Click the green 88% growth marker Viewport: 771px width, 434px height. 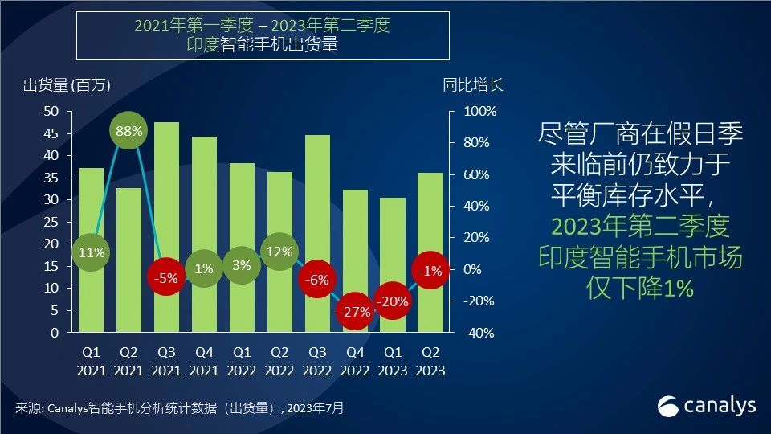point(128,130)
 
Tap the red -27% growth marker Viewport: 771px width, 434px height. point(355,312)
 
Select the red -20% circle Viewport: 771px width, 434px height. point(393,301)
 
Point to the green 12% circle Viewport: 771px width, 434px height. point(279,252)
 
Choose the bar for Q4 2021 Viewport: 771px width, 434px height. point(204,217)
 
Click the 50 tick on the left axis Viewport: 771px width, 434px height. point(52,111)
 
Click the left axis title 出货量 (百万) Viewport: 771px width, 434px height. point(66,85)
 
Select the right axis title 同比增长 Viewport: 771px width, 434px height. point(473,85)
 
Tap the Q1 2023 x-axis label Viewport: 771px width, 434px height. point(393,361)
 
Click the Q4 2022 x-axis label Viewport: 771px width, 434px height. point(355,361)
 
